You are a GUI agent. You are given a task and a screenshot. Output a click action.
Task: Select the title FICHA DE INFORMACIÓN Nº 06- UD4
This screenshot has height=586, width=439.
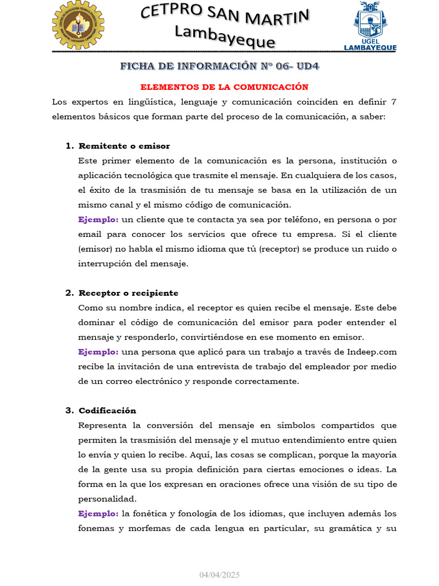click(x=219, y=66)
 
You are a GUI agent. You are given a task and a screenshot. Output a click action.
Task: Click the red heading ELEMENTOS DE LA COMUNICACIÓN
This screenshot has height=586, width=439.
click(x=225, y=87)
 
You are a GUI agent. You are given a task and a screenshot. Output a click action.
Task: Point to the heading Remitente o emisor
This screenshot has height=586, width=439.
click(x=124, y=146)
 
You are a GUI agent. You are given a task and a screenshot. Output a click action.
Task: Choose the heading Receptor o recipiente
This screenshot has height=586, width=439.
click(x=128, y=293)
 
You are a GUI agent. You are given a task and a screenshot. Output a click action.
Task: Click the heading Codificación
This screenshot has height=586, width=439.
click(x=107, y=410)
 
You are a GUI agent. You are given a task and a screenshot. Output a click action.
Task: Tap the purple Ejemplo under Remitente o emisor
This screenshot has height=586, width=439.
click(x=98, y=219)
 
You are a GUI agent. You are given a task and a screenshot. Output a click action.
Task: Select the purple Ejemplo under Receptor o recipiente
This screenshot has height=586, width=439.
click(x=98, y=351)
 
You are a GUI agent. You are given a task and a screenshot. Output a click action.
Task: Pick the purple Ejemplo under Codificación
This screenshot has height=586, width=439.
click(x=98, y=513)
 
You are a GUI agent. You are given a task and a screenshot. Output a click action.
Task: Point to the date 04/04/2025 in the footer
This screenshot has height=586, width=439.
click(x=219, y=574)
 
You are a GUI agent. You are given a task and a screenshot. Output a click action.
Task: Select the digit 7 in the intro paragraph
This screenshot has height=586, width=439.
click(x=393, y=102)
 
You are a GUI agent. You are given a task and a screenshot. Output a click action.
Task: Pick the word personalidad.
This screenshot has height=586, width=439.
click(x=107, y=498)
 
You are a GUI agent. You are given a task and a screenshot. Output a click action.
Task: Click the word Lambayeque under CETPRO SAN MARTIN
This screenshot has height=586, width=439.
click(x=225, y=38)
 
